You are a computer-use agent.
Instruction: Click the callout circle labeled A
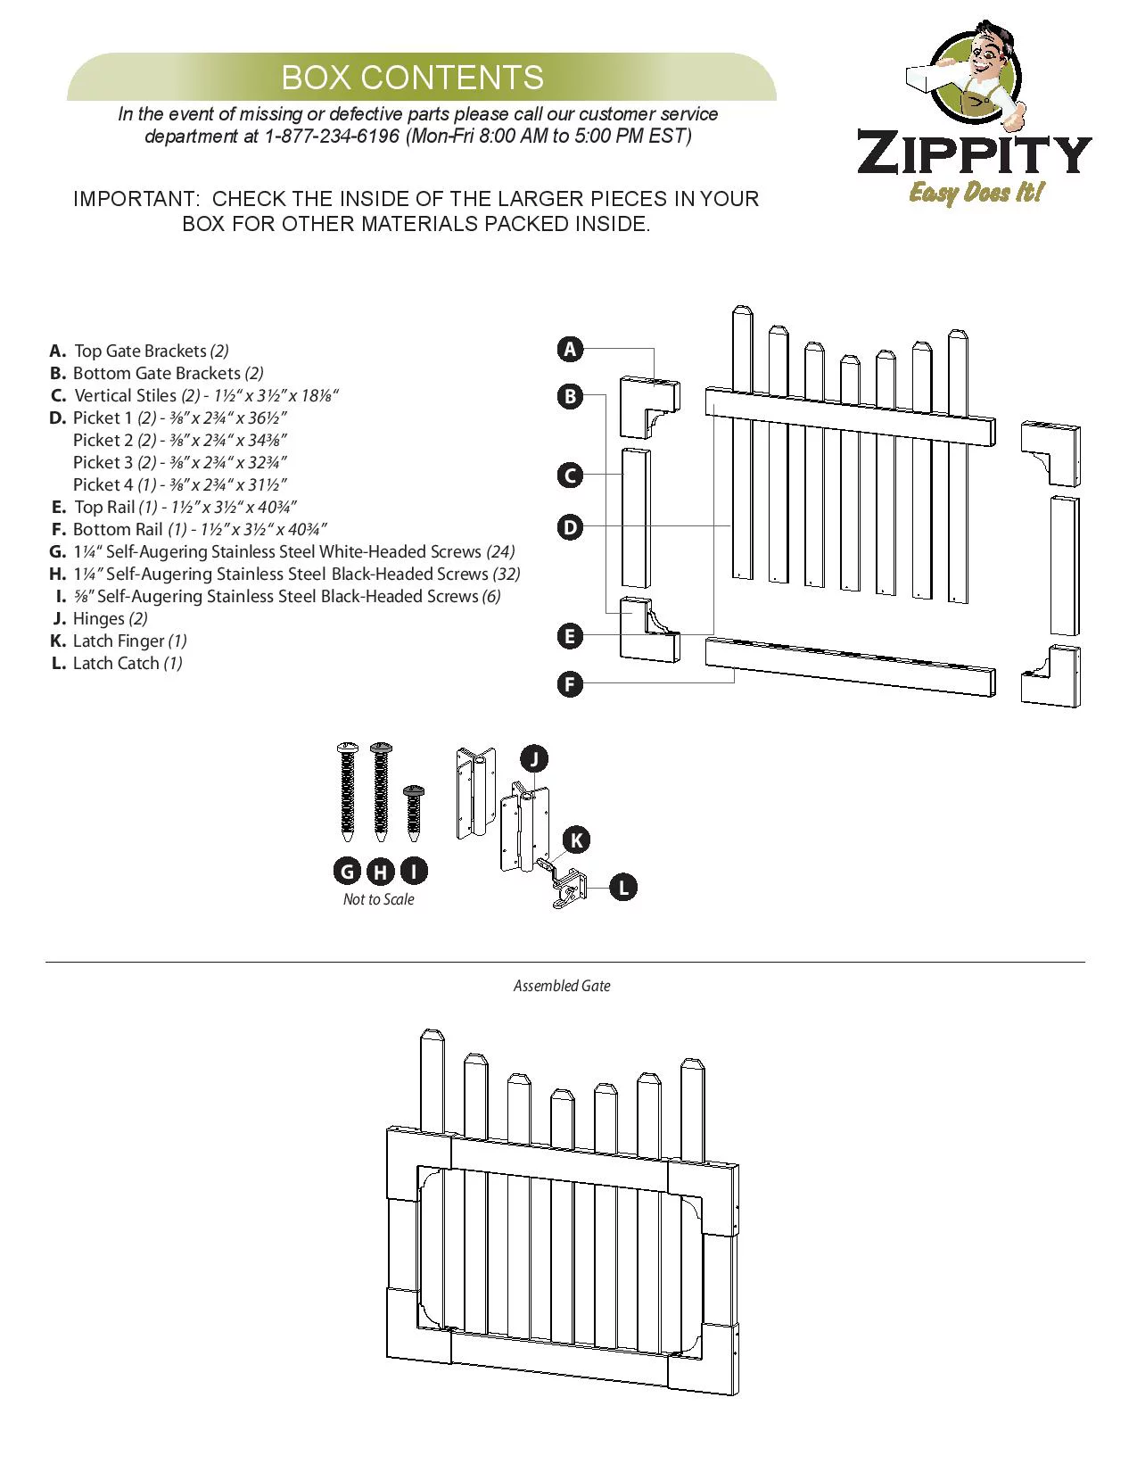tap(570, 349)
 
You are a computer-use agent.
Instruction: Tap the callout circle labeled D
tap(570, 527)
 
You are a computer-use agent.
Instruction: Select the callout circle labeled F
tap(570, 684)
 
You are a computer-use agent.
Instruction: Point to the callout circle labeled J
tap(533, 759)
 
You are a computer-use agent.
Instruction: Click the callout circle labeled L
tap(623, 887)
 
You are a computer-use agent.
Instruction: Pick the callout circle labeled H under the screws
tap(381, 872)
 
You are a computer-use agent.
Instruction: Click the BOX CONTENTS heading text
tap(412, 78)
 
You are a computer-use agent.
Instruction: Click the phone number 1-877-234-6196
tap(332, 136)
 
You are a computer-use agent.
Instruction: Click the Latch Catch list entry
tap(116, 663)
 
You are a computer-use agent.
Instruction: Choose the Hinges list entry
tap(99, 618)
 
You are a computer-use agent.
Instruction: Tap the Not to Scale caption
tap(378, 899)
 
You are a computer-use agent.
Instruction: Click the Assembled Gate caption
tap(562, 986)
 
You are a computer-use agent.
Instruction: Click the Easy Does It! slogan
tap(976, 192)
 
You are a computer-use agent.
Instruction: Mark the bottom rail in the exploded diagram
tap(850, 666)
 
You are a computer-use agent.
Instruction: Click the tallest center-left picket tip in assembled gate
tap(432, 1039)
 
